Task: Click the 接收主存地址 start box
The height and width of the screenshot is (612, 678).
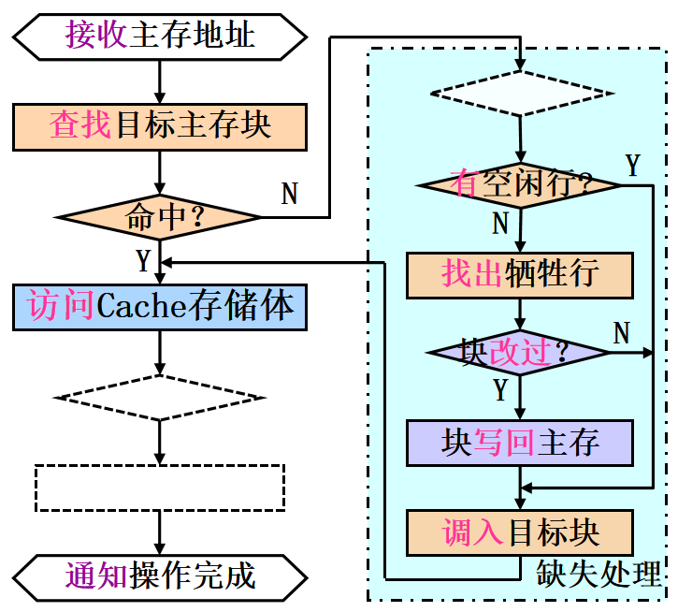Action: click(159, 36)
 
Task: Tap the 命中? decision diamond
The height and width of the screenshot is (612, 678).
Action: click(159, 217)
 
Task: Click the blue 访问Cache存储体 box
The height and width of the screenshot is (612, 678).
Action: click(160, 307)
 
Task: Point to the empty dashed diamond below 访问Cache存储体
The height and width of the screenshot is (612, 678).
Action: click(159, 398)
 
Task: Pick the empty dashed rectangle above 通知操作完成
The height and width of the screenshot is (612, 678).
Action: click(159, 487)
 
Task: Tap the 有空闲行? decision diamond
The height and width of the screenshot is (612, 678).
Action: click(521, 183)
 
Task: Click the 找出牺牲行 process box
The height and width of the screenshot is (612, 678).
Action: click(520, 274)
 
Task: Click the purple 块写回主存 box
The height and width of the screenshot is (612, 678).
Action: click(520, 443)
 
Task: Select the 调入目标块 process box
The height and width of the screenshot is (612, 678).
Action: click(520, 532)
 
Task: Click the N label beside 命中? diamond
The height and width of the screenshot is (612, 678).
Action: click(290, 194)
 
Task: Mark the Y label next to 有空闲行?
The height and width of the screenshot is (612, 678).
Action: click(633, 167)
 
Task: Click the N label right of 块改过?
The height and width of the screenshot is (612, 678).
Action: click(621, 331)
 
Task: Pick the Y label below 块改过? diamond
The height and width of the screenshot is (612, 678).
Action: click(500, 388)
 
